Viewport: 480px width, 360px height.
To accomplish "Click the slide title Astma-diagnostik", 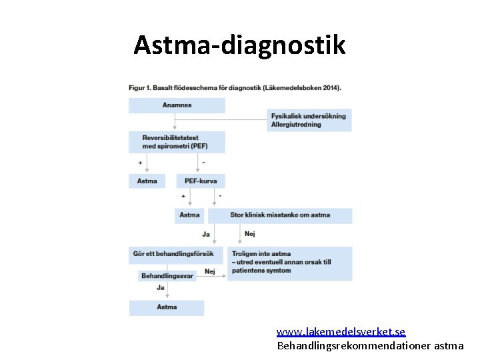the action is (x=239, y=45).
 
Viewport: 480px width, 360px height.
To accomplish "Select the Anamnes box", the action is (x=177, y=105).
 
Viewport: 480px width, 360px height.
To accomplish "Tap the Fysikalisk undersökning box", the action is (x=309, y=120).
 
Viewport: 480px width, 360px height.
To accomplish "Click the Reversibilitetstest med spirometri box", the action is (x=177, y=142).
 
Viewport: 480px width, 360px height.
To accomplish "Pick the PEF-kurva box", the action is (x=201, y=181).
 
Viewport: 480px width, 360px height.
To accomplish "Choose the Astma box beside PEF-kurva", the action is (x=147, y=181).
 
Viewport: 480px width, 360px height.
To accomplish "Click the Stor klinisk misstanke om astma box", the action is (x=280, y=215).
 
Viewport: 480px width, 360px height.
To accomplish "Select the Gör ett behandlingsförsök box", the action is (x=176, y=254).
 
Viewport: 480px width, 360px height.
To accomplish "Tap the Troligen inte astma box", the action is (x=289, y=262).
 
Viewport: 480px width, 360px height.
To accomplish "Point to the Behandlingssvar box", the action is (x=167, y=275).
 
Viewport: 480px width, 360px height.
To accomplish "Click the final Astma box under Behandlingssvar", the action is (x=167, y=307).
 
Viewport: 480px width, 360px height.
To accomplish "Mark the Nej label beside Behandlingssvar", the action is (x=209, y=271).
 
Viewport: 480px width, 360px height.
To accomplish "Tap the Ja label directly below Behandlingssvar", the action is (x=160, y=287).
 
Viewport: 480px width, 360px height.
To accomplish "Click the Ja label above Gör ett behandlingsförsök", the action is (x=206, y=234).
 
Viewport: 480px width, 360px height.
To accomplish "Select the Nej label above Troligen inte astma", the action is (x=250, y=234).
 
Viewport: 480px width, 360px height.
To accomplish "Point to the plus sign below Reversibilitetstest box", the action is (x=140, y=162).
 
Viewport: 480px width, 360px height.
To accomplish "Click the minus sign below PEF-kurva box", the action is (x=220, y=196).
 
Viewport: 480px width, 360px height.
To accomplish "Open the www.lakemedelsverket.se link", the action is (x=341, y=331).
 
